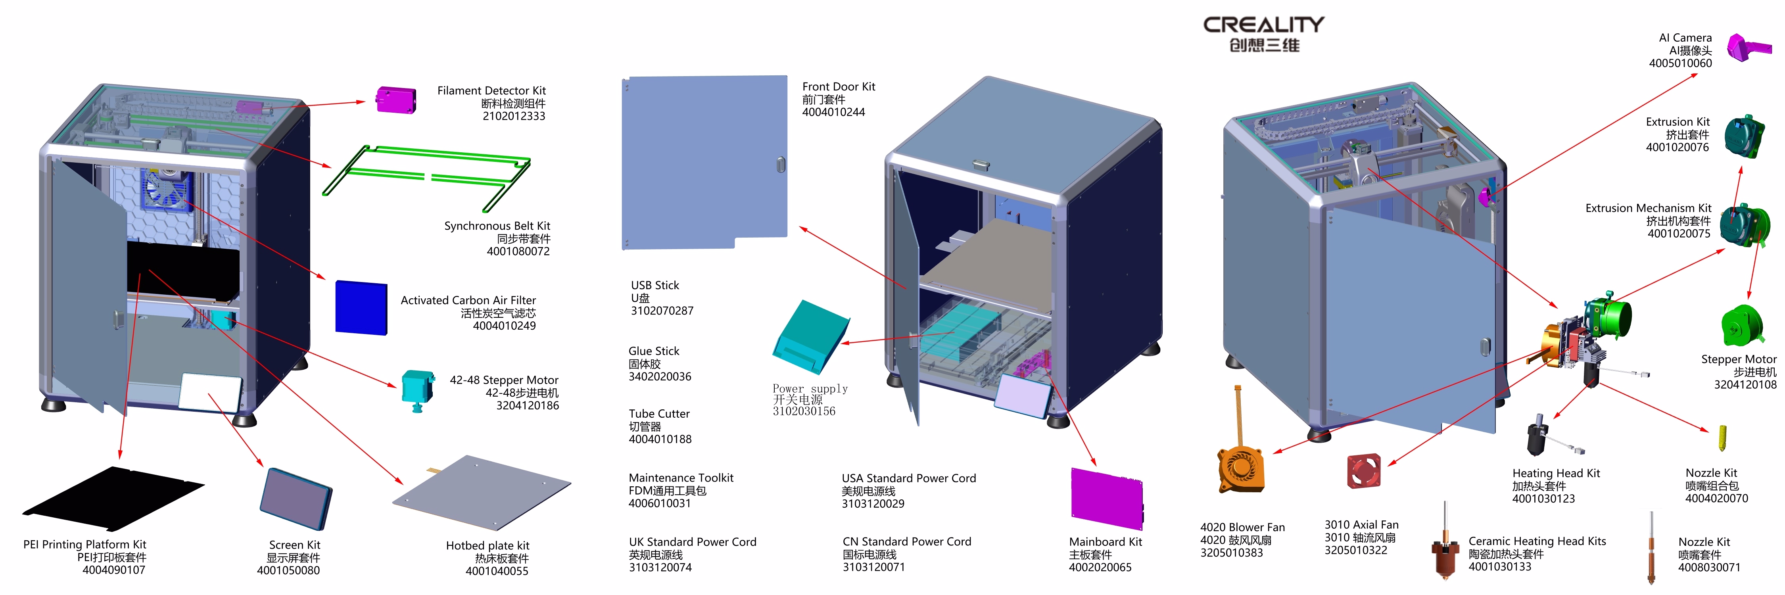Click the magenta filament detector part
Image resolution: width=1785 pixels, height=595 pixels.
(x=395, y=99)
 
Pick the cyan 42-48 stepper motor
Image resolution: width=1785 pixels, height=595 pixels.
(x=417, y=389)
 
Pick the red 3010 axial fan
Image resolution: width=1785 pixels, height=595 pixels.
(x=1364, y=471)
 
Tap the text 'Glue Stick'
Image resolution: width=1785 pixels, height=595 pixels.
(x=653, y=351)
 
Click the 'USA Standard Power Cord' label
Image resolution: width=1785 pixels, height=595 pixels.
(x=908, y=478)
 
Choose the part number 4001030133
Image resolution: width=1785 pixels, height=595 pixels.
(x=1499, y=566)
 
